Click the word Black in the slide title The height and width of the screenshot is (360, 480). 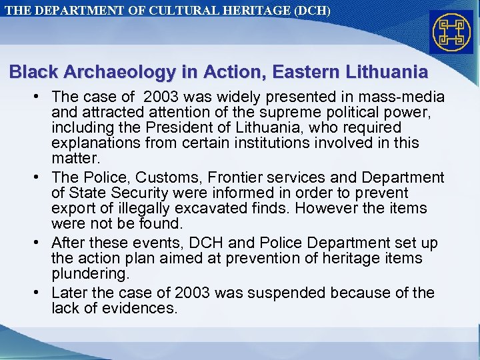point(31,71)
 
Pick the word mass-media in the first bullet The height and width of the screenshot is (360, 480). point(407,98)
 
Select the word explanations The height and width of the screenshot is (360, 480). point(95,142)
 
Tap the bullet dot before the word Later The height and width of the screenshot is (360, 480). point(41,293)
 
